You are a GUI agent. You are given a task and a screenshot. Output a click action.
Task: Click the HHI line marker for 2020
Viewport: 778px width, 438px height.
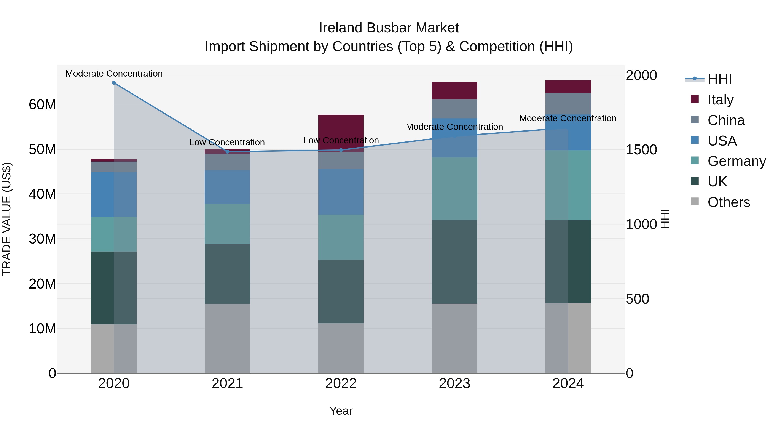pyautogui.click(x=114, y=83)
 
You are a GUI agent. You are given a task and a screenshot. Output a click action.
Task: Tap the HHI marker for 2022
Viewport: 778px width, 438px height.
pyautogui.click(x=341, y=150)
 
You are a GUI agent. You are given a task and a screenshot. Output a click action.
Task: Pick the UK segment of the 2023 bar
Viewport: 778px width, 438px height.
pyautogui.click(x=454, y=262)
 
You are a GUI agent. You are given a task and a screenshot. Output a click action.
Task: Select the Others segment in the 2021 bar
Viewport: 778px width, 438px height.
pyautogui.click(x=227, y=339)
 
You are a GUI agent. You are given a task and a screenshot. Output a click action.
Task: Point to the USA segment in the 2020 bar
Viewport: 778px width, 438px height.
pyautogui.click(x=114, y=194)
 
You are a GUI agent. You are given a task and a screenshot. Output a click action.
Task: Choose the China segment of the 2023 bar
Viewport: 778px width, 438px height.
pyautogui.click(x=454, y=109)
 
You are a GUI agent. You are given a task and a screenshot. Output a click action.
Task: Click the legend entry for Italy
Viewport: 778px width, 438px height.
pyautogui.click(x=720, y=100)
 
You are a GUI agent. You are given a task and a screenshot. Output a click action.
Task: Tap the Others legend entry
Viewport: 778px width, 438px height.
pyautogui.click(x=729, y=202)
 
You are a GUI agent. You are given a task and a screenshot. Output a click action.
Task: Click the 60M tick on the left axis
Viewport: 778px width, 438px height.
pyautogui.click(x=42, y=105)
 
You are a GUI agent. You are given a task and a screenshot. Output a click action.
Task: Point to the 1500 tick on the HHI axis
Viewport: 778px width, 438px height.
pyautogui.click(x=641, y=150)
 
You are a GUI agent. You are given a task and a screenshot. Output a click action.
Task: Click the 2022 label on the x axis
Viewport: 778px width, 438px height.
pyautogui.click(x=341, y=383)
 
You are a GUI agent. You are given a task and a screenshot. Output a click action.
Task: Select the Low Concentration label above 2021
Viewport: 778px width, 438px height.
pyautogui.click(x=227, y=142)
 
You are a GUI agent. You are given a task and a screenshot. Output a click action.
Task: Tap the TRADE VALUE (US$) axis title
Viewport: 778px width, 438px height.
pyautogui.click(x=7, y=219)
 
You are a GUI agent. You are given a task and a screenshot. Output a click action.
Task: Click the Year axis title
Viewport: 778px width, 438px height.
pyautogui.click(x=341, y=411)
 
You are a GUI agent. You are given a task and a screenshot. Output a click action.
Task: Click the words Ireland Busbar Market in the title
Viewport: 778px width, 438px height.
pyautogui.click(x=389, y=28)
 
